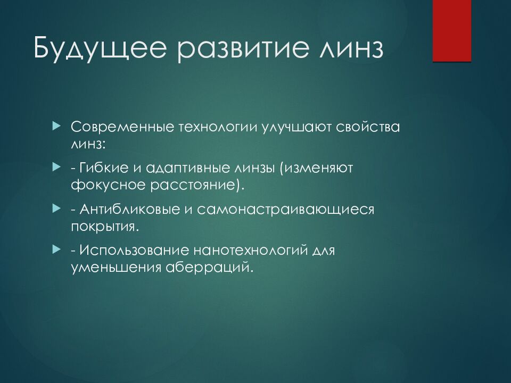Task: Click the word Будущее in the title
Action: pyautogui.click(x=100, y=48)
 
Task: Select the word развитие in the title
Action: pyautogui.click(x=243, y=48)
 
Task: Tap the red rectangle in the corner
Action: pyautogui.click(x=452, y=31)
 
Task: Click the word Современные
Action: pyautogui.click(x=122, y=127)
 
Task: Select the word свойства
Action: pyautogui.click(x=368, y=127)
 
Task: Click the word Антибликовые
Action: pyautogui.click(x=130, y=209)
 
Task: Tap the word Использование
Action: pyautogui.click(x=134, y=250)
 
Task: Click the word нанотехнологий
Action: pyautogui.click(x=251, y=250)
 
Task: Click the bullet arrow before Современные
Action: pyautogui.click(x=57, y=126)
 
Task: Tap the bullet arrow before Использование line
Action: pyautogui.click(x=57, y=249)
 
